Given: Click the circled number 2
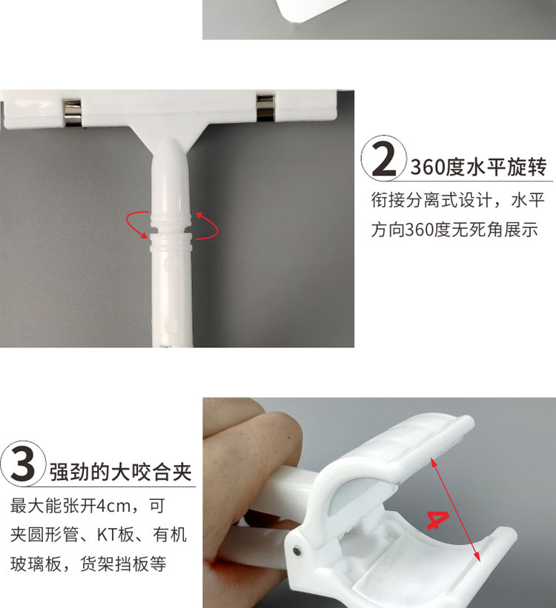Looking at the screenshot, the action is pyautogui.click(x=384, y=158).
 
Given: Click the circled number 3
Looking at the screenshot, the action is pyautogui.click(x=23, y=464).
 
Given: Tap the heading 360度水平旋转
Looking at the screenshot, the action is pyautogui.click(x=479, y=167).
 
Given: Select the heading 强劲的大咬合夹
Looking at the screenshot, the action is pyautogui.click(x=121, y=472).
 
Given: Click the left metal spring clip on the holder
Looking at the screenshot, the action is pyautogui.click(x=72, y=113).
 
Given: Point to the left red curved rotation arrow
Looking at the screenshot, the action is pyautogui.click(x=136, y=224).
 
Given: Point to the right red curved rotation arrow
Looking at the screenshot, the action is pyautogui.click(x=208, y=226).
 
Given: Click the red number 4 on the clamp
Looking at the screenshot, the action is pyautogui.click(x=438, y=520).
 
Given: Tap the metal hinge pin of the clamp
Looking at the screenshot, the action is pyautogui.click(x=297, y=549).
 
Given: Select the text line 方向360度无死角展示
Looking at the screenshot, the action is pyautogui.click(x=454, y=230).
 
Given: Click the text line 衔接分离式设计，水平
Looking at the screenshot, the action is pyautogui.click(x=458, y=201).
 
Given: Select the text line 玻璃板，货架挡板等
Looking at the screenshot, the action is pyautogui.click(x=88, y=564).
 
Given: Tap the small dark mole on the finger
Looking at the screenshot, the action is pyautogui.click(x=289, y=438).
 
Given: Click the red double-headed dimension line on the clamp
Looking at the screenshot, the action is pyautogui.click(x=455, y=509).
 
